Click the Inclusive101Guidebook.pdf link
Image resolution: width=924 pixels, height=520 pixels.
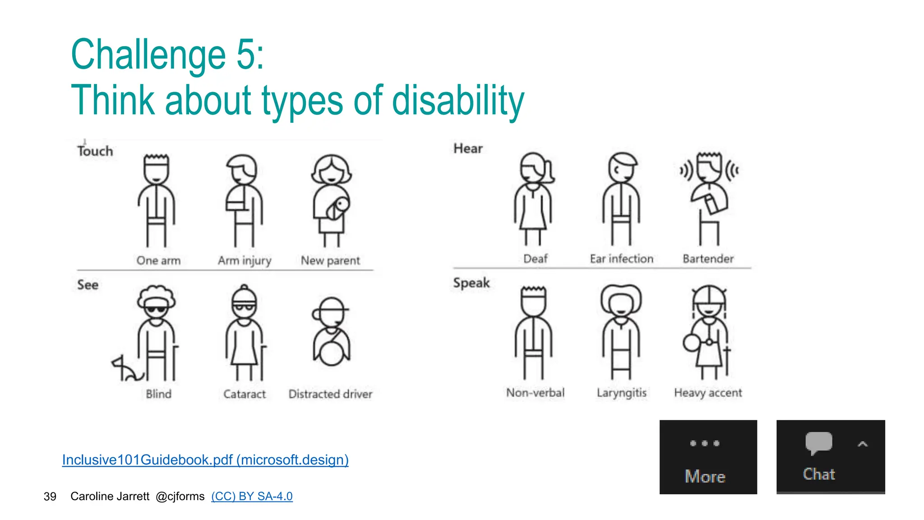(x=205, y=460)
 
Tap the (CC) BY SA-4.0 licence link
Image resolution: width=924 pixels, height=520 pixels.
(x=252, y=496)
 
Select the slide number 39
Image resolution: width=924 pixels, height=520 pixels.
(x=50, y=497)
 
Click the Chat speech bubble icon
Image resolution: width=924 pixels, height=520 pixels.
(x=818, y=442)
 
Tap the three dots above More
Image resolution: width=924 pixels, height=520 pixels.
(x=705, y=443)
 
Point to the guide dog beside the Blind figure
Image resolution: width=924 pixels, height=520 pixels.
(x=126, y=369)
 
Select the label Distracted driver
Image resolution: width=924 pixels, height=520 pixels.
(x=330, y=394)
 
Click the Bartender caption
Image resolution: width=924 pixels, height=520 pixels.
(x=708, y=259)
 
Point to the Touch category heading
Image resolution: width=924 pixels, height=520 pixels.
(x=95, y=151)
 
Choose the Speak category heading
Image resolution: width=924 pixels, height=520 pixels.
(x=471, y=283)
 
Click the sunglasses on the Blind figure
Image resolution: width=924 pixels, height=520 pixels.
(x=156, y=310)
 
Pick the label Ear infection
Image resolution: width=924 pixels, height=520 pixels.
(x=621, y=259)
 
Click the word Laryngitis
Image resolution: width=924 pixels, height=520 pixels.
(x=621, y=393)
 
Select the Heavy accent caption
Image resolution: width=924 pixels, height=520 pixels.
(x=708, y=393)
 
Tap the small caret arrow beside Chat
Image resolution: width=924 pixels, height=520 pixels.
(x=862, y=444)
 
